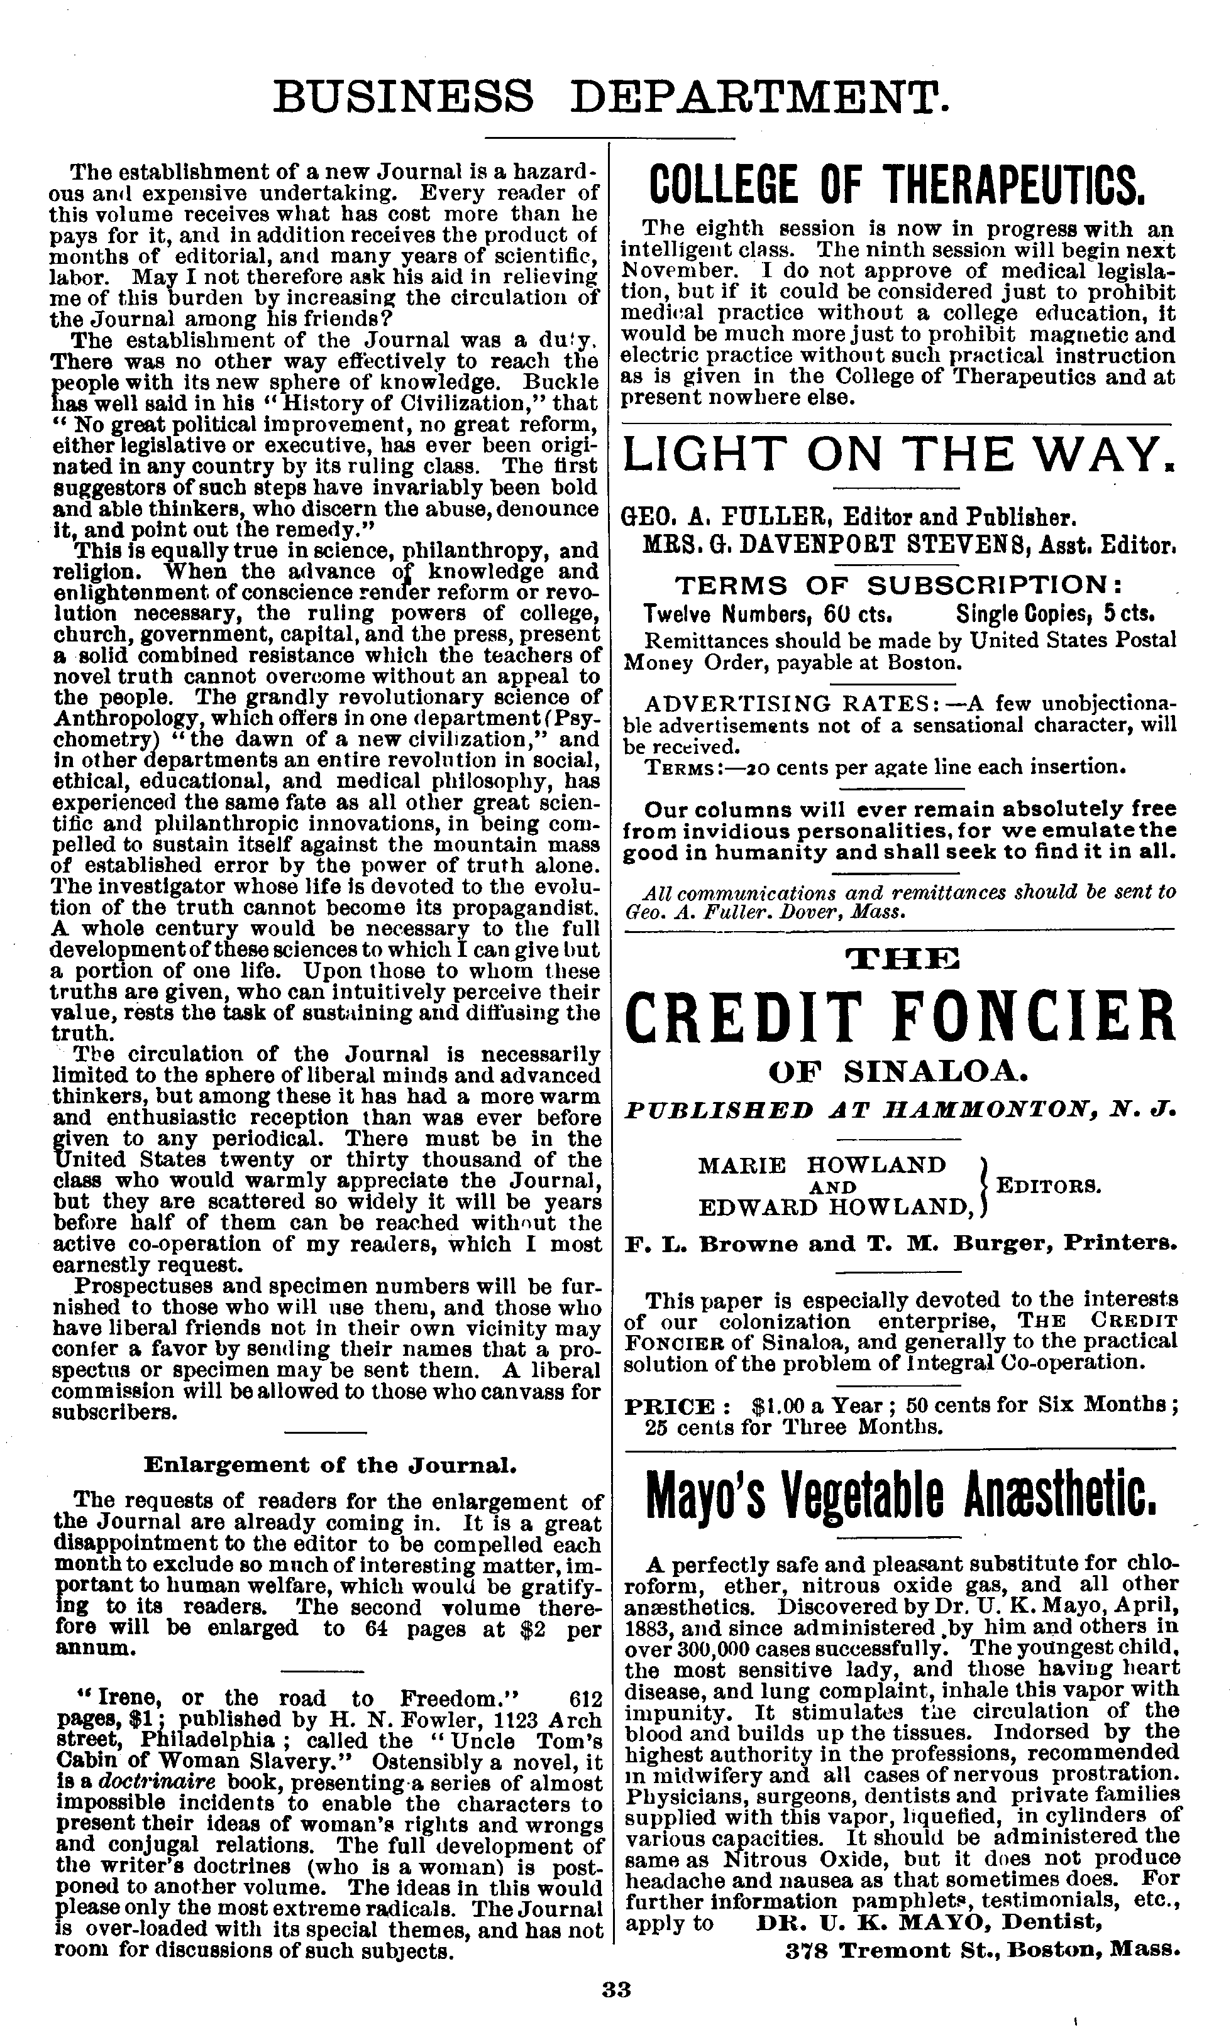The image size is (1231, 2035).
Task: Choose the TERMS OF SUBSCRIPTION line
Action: click(x=900, y=586)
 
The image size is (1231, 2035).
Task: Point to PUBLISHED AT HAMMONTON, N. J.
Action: click(x=900, y=1109)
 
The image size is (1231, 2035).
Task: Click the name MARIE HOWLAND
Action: click(x=821, y=1164)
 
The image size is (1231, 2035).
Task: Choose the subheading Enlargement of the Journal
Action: click(x=331, y=1465)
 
